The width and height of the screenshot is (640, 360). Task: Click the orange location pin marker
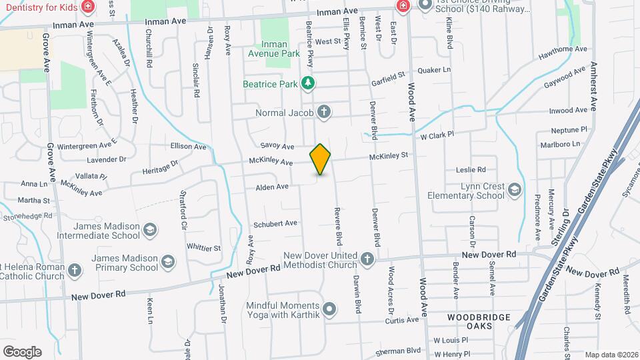coord(321,159)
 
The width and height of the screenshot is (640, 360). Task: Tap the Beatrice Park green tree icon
coord(307,83)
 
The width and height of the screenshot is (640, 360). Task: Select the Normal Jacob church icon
coord(324,111)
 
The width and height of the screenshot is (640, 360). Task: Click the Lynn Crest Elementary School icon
coord(515,191)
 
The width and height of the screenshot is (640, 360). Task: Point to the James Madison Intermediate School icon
coord(151,231)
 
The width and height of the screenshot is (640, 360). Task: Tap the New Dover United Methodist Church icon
coord(367,258)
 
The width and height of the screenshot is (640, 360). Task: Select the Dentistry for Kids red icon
coord(87,7)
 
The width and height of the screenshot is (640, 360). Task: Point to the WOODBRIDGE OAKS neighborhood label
coord(479,321)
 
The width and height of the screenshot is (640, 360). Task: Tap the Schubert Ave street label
coord(275,223)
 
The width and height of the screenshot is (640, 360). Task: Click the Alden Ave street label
coord(272,187)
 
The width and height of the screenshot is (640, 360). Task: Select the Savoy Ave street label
coord(277,146)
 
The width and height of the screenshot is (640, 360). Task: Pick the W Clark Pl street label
coord(437,135)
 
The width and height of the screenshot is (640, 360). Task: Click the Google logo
coord(22,351)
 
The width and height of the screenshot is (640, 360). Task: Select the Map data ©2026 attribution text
coord(611,355)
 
